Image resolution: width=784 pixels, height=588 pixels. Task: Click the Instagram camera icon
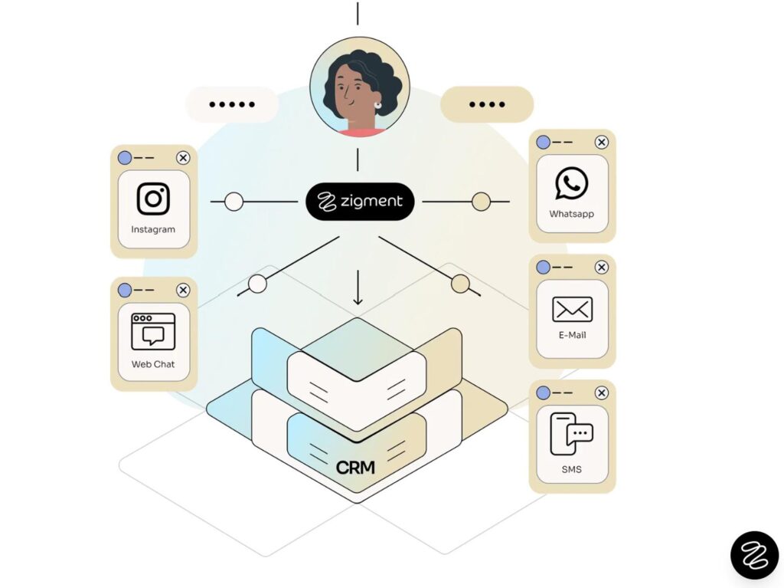click(x=153, y=199)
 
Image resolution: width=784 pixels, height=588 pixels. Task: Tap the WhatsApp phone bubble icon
click(x=572, y=184)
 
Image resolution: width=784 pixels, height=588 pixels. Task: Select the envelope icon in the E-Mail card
click(x=572, y=310)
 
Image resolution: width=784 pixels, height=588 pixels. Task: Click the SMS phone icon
click(x=571, y=435)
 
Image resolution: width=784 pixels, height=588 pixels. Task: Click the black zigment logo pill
click(x=360, y=202)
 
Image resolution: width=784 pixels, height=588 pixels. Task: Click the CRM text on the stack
click(x=355, y=466)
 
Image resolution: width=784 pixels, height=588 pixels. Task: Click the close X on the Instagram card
click(x=183, y=158)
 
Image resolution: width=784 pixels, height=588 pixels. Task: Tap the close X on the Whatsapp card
click(x=602, y=142)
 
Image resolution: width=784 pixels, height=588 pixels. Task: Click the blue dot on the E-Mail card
click(x=543, y=267)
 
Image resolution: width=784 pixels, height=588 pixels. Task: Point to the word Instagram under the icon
click(x=153, y=229)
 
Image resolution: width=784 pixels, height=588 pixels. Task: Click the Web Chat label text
click(x=153, y=364)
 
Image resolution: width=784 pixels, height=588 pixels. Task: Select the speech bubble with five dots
click(x=231, y=104)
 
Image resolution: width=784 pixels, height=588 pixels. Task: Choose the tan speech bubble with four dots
click(x=487, y=104)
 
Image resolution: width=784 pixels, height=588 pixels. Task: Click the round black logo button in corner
click(x=754, y=554)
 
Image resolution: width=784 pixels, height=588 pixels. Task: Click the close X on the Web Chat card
click(x=183, y=290)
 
